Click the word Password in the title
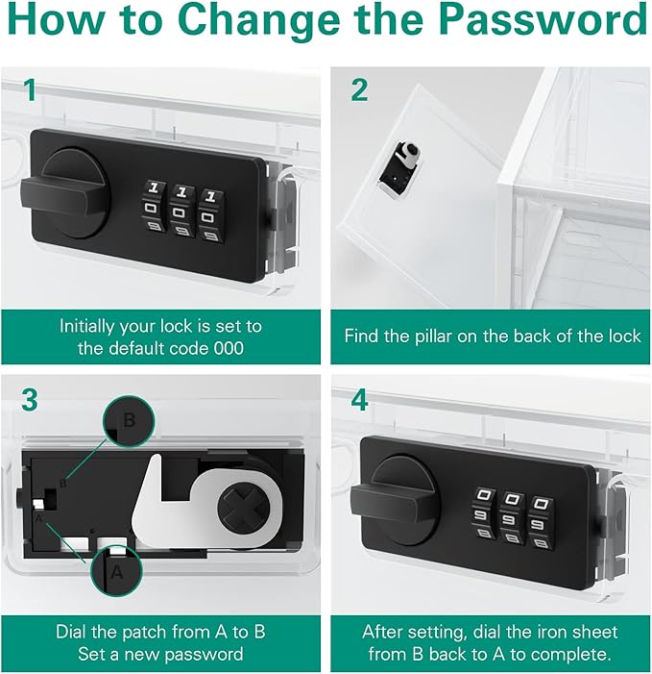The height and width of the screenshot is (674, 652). pyautogui.click(x=543, y=18)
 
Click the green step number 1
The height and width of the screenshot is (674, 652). pyautogui.click(x=30, y=90)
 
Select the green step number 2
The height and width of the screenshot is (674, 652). pyautogui.click(x=359, y=90)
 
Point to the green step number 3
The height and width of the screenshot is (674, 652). pyautogui.click(x=30, y=400)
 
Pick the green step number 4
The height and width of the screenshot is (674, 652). pyautogui.click(x=360, y=400)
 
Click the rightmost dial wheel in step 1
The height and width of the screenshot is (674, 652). pyautogui.click(x=210, y=213)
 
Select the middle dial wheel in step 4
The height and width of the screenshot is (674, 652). pyautogui.click(x=511, y=520)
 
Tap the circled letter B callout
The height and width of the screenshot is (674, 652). pyautogui.click(x=128, y=420)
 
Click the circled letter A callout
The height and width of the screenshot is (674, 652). pyautogui.click(x=116, y=570)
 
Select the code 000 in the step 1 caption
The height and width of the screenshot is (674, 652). pyautogui.click(x=229, y=348)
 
